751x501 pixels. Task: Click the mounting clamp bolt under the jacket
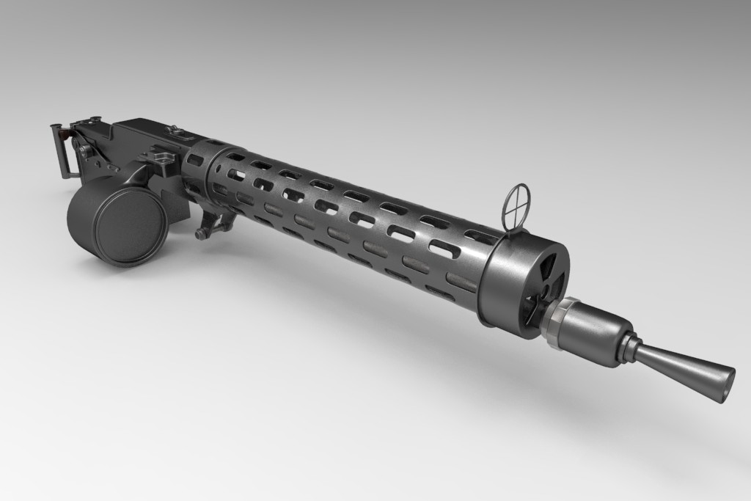[x=201, y=233]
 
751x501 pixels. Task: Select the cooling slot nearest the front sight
[x=480, y=236]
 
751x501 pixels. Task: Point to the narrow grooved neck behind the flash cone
[x=628, y=348]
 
